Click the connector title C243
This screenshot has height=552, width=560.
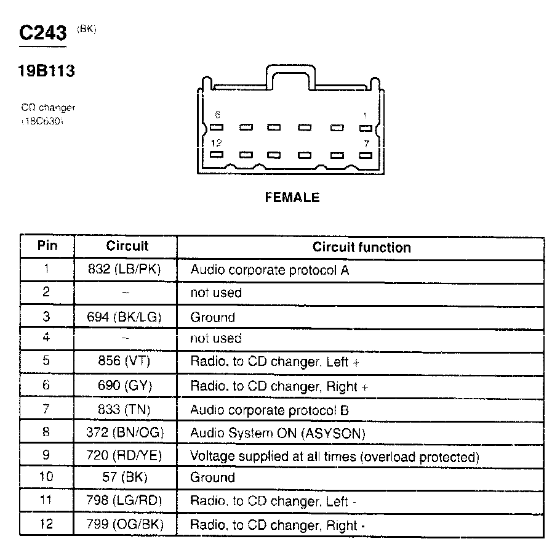point(42,33)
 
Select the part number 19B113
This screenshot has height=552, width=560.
point(46,71)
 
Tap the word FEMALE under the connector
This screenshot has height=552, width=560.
point(292,198)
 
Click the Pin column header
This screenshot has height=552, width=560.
point(47,246)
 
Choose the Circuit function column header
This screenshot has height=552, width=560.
point(361,248)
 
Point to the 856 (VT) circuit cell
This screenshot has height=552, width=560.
point(125,362)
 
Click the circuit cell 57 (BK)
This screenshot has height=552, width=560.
point(125,477)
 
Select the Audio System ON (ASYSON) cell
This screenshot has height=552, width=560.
point(278,434)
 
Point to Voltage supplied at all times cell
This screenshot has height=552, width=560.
point(334,457)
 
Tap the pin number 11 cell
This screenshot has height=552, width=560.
point(47,501)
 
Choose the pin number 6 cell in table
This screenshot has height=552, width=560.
point(47,386)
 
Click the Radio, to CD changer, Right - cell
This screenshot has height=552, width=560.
point(278,526)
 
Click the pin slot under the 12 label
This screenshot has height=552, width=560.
point(216,155)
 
